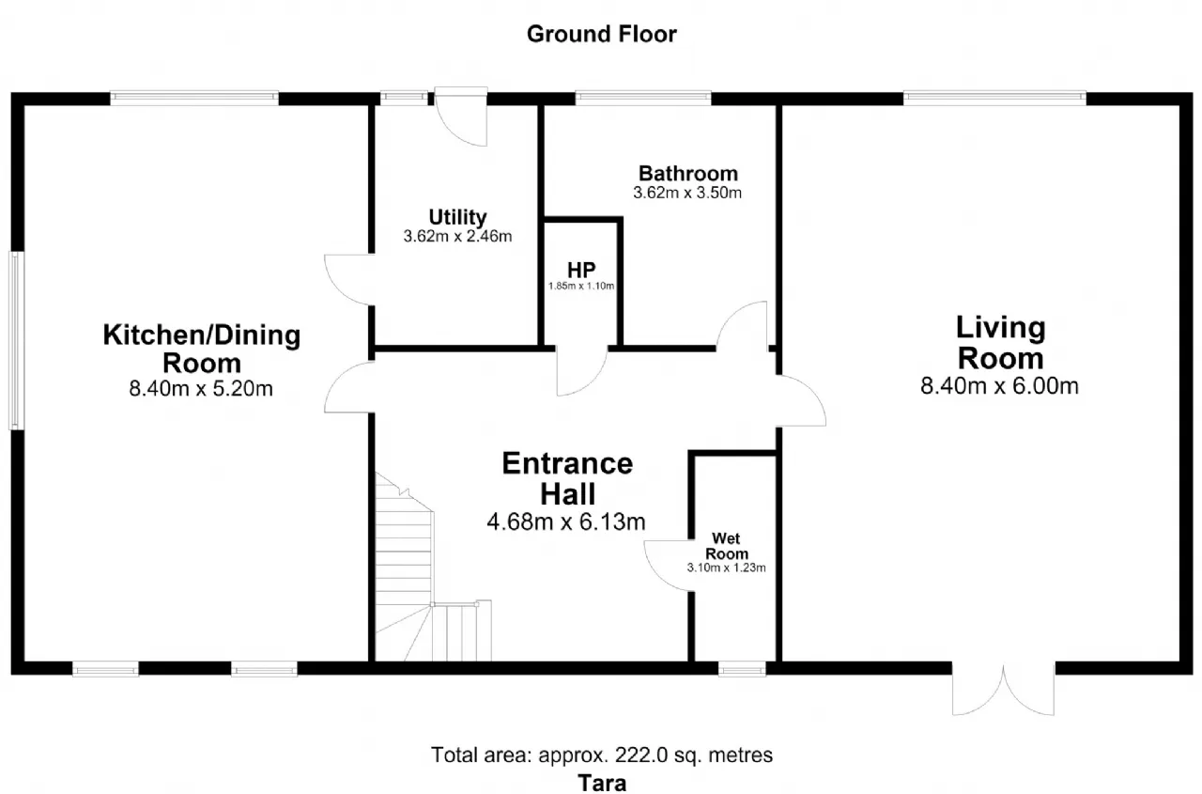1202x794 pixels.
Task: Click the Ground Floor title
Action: (x=602, y=35)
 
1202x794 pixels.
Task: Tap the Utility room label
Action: (x=457, y=217)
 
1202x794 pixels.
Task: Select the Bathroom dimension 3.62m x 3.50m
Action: (x=687, y=193)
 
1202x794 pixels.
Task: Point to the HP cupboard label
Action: (x=581, y=270)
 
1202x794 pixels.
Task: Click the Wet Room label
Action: (x=727, y=546)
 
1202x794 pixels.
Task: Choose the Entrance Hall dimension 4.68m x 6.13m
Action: (x=566, y=522)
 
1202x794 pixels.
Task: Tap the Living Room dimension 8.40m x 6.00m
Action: (x=1000, y=386)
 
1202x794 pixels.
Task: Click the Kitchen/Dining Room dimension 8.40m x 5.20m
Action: (x=201, y=388)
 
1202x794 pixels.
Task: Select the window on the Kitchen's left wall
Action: (x=17, y=341)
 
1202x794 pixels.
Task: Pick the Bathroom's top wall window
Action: (x=643, y=98)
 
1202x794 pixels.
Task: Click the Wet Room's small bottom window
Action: (x=742, y=669)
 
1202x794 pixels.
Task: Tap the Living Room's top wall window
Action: (x=994, y=98)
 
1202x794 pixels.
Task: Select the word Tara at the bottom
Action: (x=602, y=784)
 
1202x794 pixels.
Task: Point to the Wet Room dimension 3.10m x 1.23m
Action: (x=727, y=568)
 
